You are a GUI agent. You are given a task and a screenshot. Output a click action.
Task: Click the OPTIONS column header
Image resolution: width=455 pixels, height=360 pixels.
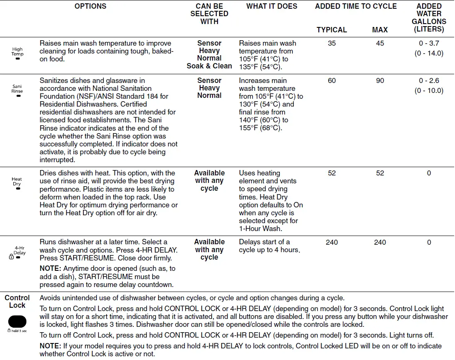(x=90, y=6)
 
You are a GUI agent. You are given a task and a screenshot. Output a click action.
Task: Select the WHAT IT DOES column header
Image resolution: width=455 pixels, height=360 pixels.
(x=272, y=6)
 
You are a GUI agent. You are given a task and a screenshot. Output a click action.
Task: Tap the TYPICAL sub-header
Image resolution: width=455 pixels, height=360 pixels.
(x=331, y=30)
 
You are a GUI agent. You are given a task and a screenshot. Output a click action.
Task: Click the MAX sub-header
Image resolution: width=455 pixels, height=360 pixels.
(x=380, y=30)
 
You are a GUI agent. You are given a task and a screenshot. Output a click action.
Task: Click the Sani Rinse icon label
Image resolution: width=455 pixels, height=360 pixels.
(x=17, y=89)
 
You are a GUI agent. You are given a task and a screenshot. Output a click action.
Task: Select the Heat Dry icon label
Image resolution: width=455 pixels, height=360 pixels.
(x=17, y=182)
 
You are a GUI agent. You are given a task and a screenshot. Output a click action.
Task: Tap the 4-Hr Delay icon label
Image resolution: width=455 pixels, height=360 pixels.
(x=19, y=251)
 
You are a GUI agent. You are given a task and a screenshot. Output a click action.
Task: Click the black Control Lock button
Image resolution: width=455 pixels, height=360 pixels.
(x=17, y=321)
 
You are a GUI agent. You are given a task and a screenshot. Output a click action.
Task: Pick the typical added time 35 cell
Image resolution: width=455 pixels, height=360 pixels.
(x=332, y=43)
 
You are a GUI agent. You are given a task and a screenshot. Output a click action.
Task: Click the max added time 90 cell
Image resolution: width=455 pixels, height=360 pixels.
(x=380, y=80)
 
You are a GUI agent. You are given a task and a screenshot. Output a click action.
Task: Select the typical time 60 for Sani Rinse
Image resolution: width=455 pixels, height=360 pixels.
(x=332, y=80)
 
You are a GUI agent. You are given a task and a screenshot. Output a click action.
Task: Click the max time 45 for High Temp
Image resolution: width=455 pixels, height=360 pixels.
(x=380, y=43)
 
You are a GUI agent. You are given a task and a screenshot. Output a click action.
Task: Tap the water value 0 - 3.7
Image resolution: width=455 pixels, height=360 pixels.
(x=429, y=43)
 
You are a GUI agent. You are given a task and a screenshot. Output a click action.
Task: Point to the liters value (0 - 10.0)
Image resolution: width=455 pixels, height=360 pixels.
(x=429, y=90)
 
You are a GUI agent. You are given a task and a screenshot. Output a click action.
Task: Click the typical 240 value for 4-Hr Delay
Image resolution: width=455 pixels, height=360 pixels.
(x=332, y=242)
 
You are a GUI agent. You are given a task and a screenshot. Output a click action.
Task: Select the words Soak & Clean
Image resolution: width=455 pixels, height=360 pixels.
(x=209, y=66)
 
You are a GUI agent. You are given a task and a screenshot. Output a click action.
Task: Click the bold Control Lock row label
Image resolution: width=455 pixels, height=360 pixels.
(x=17, y=302)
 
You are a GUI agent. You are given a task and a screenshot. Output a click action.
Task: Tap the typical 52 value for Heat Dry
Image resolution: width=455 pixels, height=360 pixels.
(x=332, y=173)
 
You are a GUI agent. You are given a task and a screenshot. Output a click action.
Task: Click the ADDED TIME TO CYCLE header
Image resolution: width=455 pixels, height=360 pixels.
(x=356, y=6)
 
